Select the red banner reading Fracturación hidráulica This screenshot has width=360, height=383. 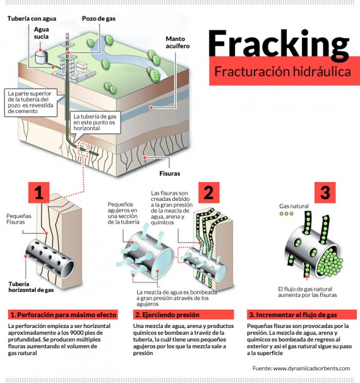click(x=282, y=72)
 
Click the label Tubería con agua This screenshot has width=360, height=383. click(x=33, y=20)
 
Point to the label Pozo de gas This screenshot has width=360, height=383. click(x=98, y=20)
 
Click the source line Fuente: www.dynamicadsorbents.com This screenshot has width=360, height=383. click(x=301, y=368)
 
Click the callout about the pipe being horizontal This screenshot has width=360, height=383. click(x=95, y=122)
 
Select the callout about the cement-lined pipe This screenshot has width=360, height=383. click(x=32, y=102)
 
